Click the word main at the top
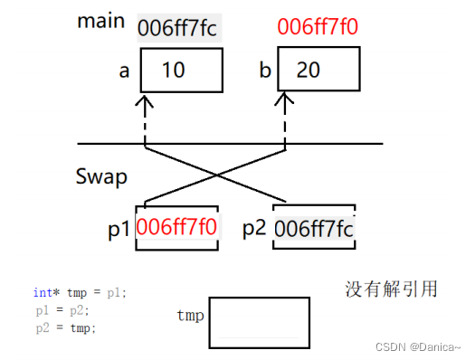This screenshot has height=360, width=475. (100, 22)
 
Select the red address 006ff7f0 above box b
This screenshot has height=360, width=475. (318, 27)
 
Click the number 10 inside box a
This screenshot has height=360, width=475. (176, 71)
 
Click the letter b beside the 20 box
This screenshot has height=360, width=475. (263, 70)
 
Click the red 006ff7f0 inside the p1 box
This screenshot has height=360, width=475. (176, 226)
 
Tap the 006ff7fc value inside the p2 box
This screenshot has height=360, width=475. (315, 228)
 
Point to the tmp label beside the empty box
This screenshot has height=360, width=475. (189, 316)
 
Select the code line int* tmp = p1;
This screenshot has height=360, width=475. (81, 292)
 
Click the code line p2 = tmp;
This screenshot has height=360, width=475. (66, 327)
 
